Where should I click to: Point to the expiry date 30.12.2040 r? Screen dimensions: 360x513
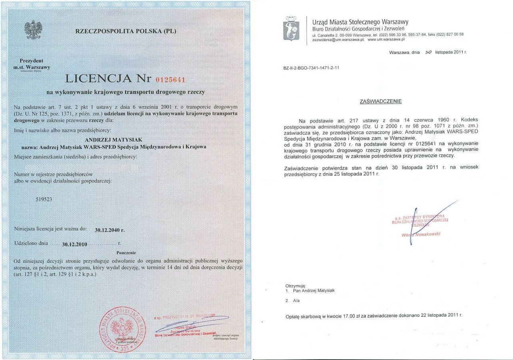click(x=110, y=230)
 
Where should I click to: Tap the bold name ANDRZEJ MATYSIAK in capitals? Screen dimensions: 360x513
click(x=111, y=140)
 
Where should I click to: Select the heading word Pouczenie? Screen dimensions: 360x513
click(x=126, y=253)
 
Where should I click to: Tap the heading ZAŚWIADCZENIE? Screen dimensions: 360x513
click(x=381, y=102)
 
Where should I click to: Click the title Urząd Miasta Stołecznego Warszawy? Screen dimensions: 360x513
click(x=360, y=22)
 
